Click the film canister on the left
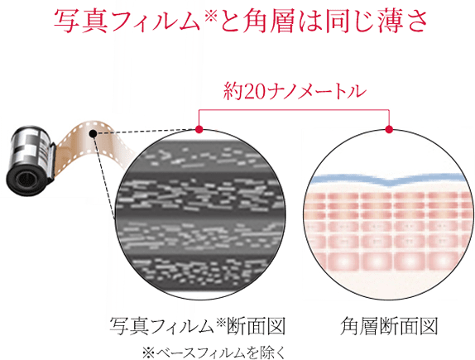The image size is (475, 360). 31,161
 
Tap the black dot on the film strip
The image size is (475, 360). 93,133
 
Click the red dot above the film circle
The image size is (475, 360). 199,129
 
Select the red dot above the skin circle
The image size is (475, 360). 389,129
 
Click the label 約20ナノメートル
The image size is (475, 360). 294,91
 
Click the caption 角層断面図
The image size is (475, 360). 389,326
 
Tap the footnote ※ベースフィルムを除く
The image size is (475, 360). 214,353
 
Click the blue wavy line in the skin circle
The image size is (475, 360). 389,179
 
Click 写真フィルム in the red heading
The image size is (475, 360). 127,21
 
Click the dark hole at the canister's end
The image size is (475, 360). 25,180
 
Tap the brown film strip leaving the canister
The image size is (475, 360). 91,142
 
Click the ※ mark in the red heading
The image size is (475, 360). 209,15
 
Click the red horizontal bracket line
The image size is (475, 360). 294,109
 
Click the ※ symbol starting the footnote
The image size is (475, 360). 148,353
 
